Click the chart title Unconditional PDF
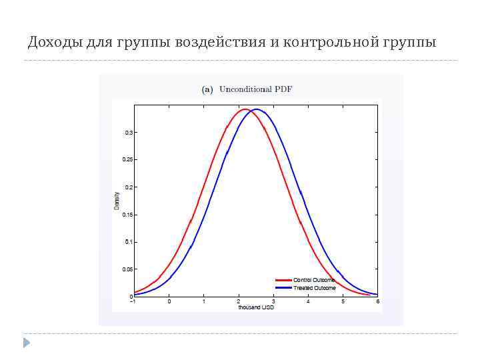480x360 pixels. (256, 89)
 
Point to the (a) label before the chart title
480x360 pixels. (207, 89)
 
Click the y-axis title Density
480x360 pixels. (117, 201)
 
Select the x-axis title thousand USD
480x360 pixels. (256, 307)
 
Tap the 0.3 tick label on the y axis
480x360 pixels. (129, 133)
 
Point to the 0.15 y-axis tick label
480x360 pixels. (127, 215)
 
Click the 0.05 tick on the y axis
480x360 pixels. (127, 269)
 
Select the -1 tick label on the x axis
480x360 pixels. (133, 302)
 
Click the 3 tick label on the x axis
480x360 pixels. (273, 302)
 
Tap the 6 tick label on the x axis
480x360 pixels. (378, 302)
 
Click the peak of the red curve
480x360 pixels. (245, 109)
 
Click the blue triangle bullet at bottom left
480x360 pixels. (26, 343)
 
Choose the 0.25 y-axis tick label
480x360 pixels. (127, 160)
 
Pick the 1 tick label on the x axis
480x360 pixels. (204, 302)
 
